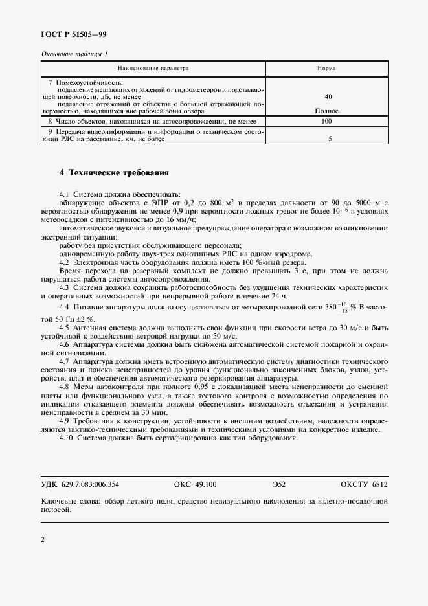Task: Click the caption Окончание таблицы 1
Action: pos(74,54)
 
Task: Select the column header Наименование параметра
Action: pos(153,67)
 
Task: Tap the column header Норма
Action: pos(326,67)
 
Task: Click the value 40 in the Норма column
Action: pos(328,96)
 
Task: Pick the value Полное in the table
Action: pos(326,111)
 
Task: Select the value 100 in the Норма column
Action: pos(326,121)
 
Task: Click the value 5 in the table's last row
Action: pos(330,138)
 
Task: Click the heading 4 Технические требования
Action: pos(113,173)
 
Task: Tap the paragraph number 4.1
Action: pos(64,194)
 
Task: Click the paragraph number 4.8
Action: pos(64,385)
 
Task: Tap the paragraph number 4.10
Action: pos(66,438)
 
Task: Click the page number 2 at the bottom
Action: pos(42,539)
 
